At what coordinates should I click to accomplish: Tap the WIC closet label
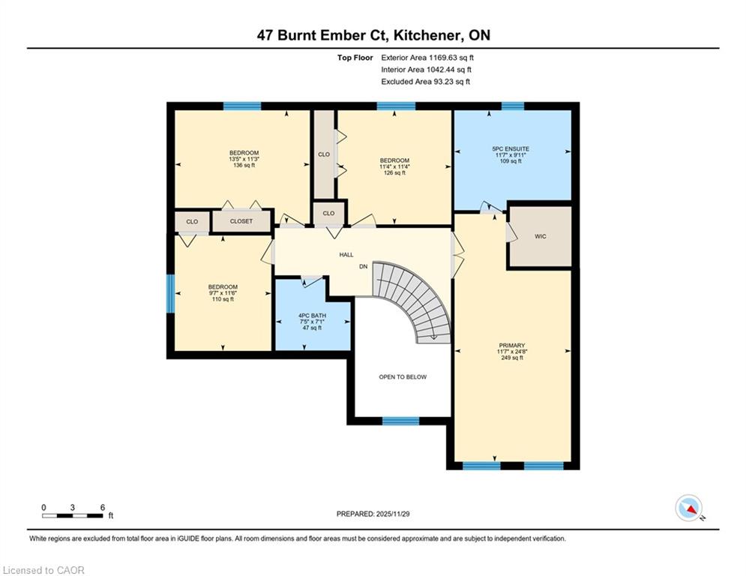tap(541, 236)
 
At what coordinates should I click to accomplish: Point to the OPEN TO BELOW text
tap(403, 376)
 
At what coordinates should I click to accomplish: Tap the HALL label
tap(346, 255)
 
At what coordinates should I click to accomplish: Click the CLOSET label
tap(241, 221)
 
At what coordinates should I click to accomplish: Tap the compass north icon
tap(688, 508)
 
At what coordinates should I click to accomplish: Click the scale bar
tap(73, 515)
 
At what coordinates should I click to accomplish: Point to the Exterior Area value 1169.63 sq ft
tap(428, 57)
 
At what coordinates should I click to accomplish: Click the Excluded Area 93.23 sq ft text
tap(425, 82)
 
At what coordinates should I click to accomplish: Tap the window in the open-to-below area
tap(400, 421)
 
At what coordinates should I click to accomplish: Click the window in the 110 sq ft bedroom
tap(170, 293)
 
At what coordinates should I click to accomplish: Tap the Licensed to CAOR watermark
tap(43, 570)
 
